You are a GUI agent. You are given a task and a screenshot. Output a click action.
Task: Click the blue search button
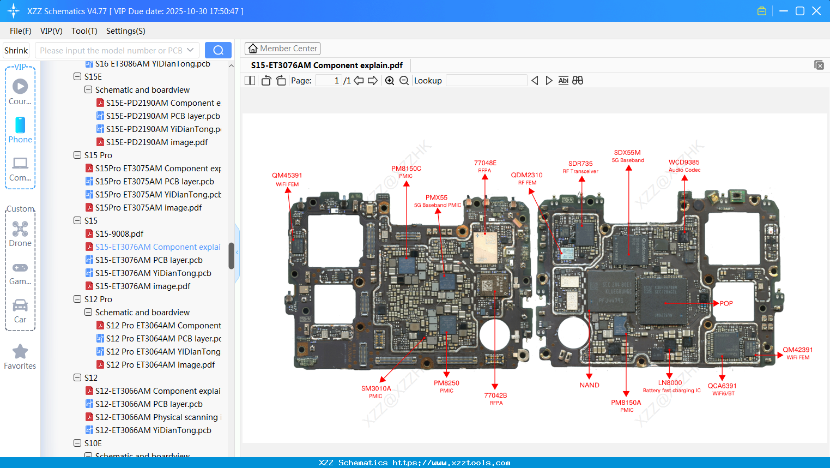(x=218, y=50)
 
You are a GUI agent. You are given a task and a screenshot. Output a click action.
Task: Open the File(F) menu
(x=21, y=31)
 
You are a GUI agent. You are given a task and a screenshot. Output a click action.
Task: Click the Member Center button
(x=282, y=49)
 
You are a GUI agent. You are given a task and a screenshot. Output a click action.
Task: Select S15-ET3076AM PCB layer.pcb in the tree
(x=149, y=260)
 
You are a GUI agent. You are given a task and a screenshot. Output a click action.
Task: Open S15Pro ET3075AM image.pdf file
(x=148, y=208)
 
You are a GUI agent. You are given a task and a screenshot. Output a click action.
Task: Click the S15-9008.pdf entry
(x=119, y=234)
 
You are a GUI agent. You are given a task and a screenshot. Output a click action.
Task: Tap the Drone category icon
(x=20, y=229)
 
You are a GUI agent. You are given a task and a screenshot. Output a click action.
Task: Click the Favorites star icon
(x=20, y=352)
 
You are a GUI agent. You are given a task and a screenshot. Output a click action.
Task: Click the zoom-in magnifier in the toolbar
(x=390, y=81)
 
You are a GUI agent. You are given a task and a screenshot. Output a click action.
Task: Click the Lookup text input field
(x=486, y=81)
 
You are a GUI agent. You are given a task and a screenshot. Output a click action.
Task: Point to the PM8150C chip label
(x=406, y=169)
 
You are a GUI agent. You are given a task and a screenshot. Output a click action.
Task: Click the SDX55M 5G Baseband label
(x=627, y=153)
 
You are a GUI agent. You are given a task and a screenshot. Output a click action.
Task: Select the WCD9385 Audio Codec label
(x=684, y=163)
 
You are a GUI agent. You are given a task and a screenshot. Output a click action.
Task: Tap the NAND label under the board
(x=589, y=385)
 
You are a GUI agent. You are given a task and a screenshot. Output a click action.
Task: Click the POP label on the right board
(x=726, y=303)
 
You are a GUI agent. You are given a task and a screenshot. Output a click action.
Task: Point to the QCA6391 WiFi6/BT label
(x=722, y=386)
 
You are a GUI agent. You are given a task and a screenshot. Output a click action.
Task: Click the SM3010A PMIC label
(x=376, y=389)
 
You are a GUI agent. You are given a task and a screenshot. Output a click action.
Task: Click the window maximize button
(x=800, y=11)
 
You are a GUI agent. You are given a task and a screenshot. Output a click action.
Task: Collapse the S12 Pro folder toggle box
(x=77, y=299)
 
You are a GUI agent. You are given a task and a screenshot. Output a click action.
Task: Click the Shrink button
(x=16, y=50)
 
